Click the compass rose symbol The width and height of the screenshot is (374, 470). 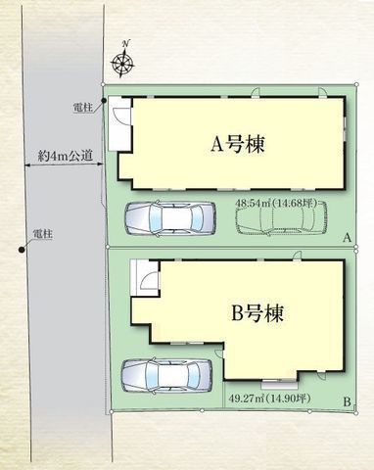(x=124, y=65)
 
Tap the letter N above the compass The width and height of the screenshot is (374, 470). (x=125, y=45)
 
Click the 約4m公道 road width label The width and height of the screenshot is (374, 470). (x=58, y=154)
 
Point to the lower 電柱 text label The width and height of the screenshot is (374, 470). (x=41, y=233)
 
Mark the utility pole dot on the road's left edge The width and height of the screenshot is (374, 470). (x=21, y=249)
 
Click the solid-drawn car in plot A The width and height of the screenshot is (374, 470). (x=165, y=216)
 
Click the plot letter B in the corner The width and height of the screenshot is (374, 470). (x=347, y=401)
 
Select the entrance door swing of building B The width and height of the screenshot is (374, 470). (x=145, y=280)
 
